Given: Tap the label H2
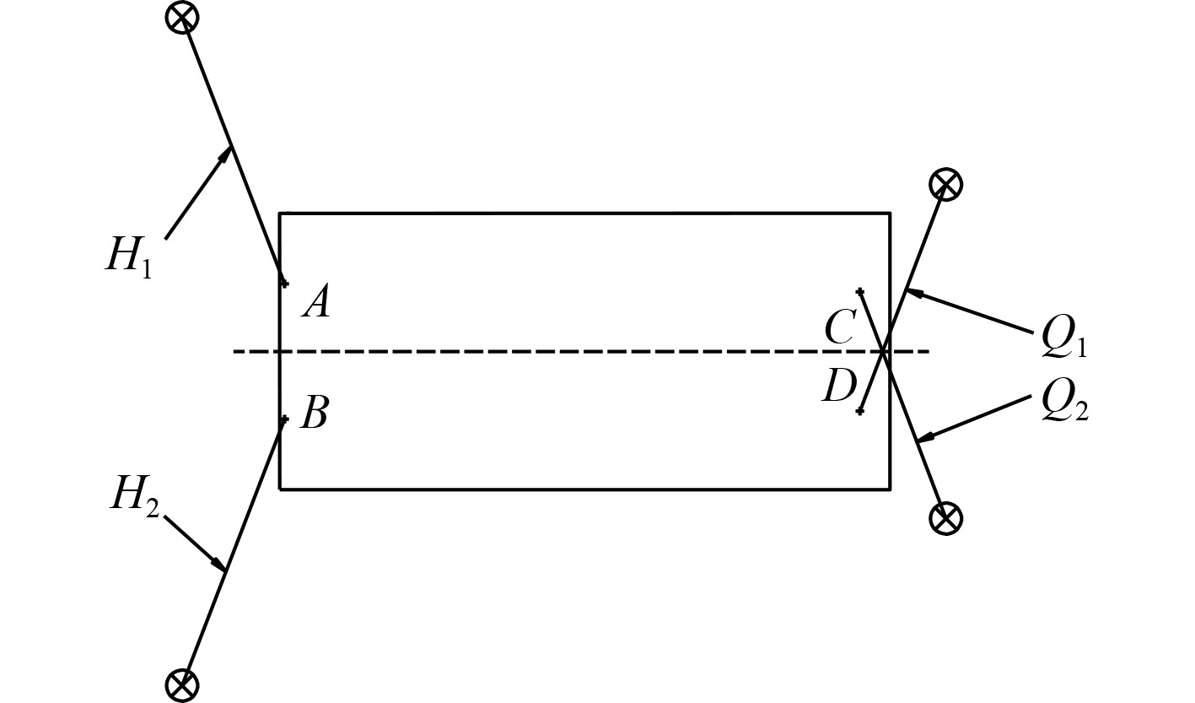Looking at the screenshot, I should point(133,496).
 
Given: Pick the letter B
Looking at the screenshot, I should point(314,414).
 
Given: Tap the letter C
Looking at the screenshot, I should point(840,327).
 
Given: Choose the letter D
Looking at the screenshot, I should point(838,387).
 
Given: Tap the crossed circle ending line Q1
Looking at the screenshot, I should point(945,184).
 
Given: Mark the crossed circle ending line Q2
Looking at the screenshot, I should point(945,517).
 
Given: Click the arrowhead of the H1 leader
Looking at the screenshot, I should point(227,153).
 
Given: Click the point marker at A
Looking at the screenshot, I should point(284,283).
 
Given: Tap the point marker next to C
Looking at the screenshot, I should point(859,292).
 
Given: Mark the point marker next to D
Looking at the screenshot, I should point(859,411).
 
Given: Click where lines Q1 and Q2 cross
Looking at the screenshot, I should point(884,351).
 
